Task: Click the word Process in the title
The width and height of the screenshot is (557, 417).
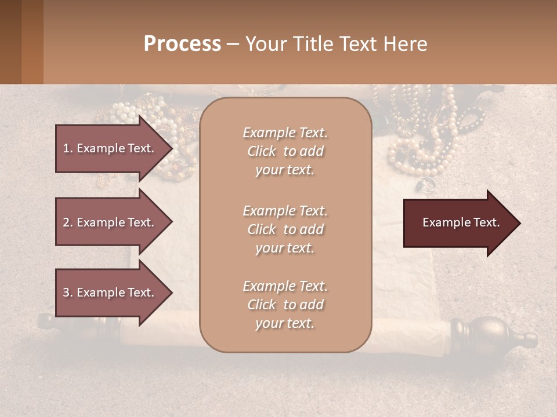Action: tap(182, 44)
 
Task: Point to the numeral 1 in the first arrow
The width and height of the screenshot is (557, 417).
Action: tap(66, 149)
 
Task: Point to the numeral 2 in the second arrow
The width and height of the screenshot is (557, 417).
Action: tap(66, 222)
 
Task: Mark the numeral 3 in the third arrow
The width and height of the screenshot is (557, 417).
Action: tap(66, 293)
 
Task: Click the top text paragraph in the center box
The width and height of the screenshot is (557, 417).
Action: tap(285, 151)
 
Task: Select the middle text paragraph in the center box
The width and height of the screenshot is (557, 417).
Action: tap(285, 229)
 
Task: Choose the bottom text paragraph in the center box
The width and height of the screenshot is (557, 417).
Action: tap(285, 305)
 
